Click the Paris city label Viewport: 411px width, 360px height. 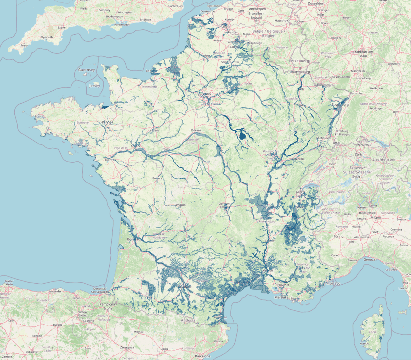pyautogui.click(x=207, y=94)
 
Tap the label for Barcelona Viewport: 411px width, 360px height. pyautogui.click(x=202, y=356)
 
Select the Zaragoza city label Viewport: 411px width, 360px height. pyautogui.click(x=127, y=347)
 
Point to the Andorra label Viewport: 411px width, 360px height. pyautogui.click(x=188, y=321)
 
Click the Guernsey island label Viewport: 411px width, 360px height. pyautogui.click(x=86, y=70)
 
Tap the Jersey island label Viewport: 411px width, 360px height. pyautogui.click(x=95, y=86)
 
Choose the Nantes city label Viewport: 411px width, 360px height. pyautogui.click(x=110, y=160)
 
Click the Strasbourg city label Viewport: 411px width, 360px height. pyautogui.click(x=340, y=105)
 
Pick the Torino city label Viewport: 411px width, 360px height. pyautogui.click(x=338, y=236)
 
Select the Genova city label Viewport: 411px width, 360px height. pyautogui.click(x=369, y=260)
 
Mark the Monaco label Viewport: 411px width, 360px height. pyautogui.click(x=333, y=283)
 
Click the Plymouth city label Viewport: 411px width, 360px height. pyautogui.click(x=47, y=37)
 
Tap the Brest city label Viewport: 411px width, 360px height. pyautogui.click(x=38, y=116)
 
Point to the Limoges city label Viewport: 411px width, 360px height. pyautogui.click(x=180, y=205)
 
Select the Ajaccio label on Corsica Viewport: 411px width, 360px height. pyautogui.click(x=364, y=343)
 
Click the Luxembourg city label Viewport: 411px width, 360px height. pyautogui.click(x=300, y=72)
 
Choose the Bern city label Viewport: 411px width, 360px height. pyautogui.click(x=333, y=164)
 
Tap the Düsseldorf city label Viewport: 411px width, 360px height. pyautogui.click(x=316, y=3)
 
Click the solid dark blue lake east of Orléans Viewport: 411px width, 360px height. pyautogui.click(x=243, y=136)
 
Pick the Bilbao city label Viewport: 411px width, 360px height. pyautogui.click(x=76, y=298)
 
